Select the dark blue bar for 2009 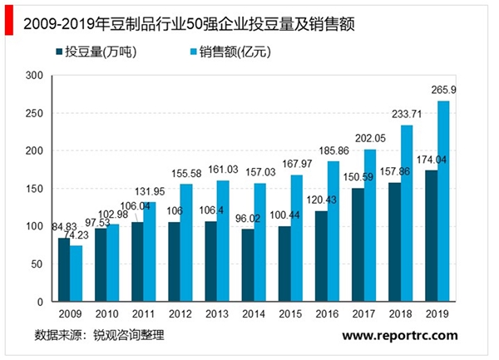tap(64, 269)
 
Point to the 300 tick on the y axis tap(34, 76)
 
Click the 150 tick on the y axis tap(34, 189)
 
